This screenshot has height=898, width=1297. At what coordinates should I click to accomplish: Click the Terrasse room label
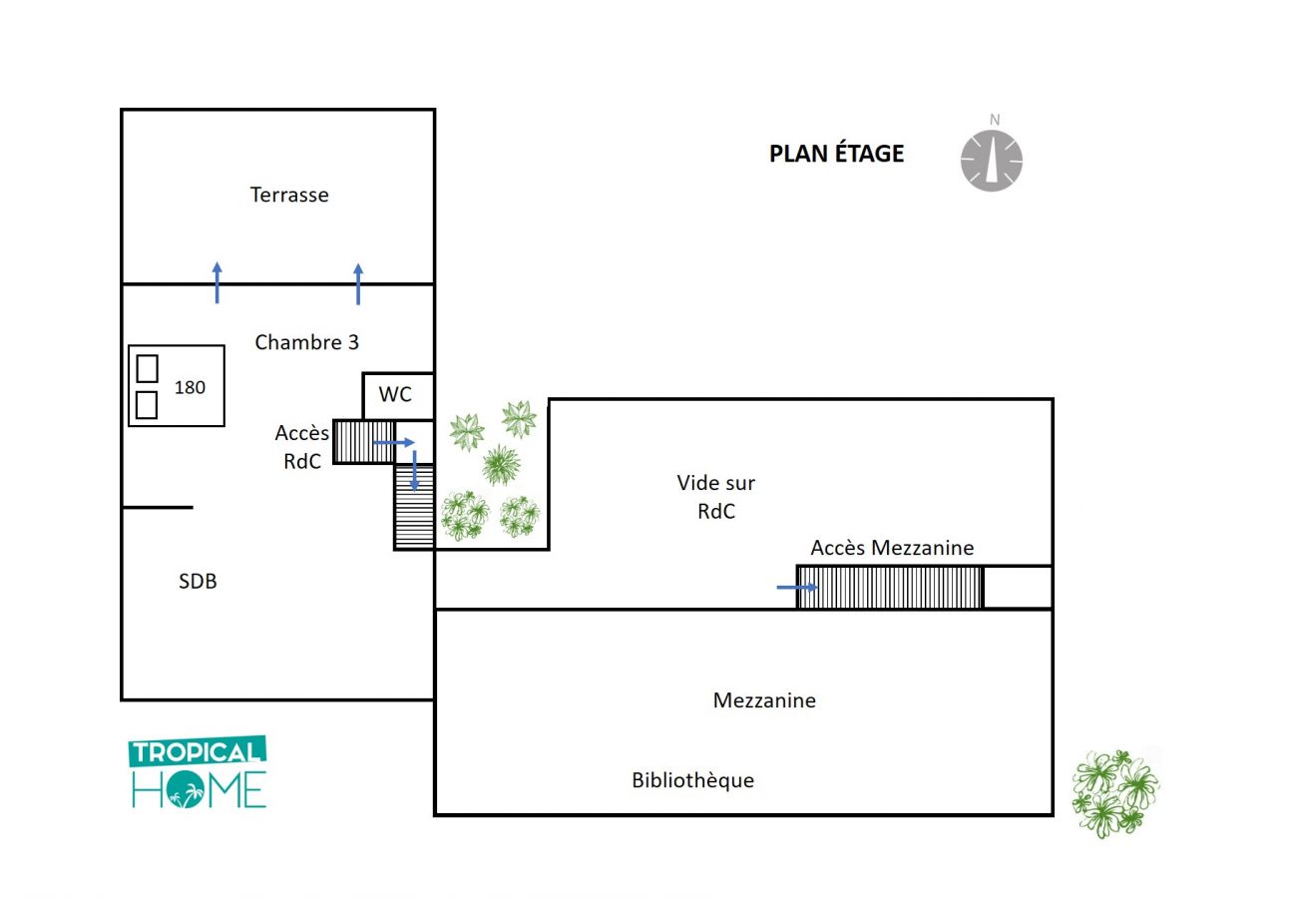click(x=289, y=195)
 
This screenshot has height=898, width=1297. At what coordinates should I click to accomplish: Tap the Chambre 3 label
click(x=307, y=342)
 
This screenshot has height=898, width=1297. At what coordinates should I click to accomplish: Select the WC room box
click(x=398, y=395)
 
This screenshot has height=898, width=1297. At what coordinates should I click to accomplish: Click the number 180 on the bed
click(x=190, y=387)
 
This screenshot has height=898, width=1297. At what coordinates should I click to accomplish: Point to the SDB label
click(x=198, y=581)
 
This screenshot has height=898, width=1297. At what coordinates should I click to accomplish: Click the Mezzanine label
click(x=764, y=700)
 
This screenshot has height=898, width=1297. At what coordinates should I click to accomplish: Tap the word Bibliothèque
click(x=692, y=780)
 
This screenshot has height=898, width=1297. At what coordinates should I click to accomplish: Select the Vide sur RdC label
click(x=716, y=497)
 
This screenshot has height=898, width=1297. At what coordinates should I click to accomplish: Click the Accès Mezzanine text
click(x=892, y=547)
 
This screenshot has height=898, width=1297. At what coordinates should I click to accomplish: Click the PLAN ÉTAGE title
click(x=836, y=154)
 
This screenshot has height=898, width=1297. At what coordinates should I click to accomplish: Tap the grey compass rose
click(x=992, y=161)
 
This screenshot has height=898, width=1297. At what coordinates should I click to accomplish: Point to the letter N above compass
click(x=995, y=120)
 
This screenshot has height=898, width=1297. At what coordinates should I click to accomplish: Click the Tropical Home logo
click(x=198, y=772)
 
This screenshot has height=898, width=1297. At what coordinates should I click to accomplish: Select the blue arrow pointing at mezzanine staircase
click(x=797, y=587)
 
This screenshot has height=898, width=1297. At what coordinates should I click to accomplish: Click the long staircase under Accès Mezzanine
click(x=890, y=587)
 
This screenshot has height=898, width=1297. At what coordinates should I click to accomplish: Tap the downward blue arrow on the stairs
click(x=415, y=471)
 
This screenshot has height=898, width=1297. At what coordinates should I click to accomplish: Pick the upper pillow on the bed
click(x=147, y=368)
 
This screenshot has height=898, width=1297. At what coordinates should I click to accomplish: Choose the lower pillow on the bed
click(x=147, y=405)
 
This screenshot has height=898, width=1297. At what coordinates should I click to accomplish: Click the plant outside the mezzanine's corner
click(x=1115, y=793)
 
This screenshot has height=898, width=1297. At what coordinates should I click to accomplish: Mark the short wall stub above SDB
click(x=158, y=507)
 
